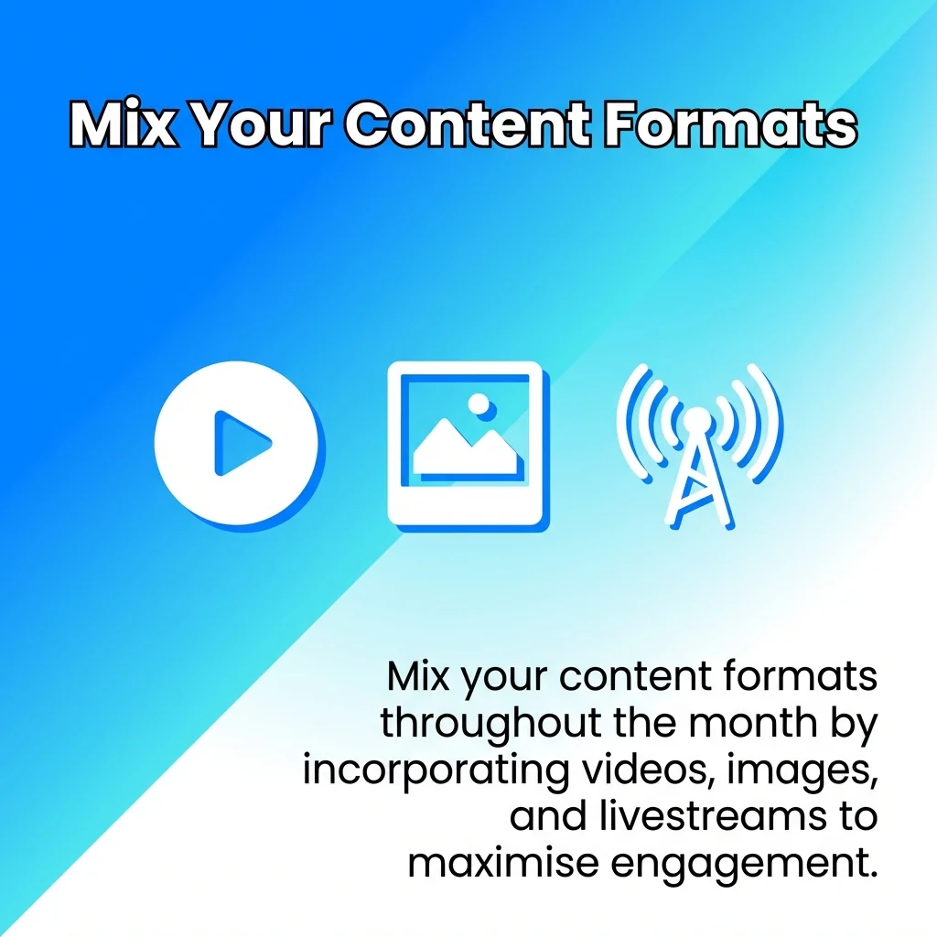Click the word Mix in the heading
[123, 125]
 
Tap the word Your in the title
[261, 125]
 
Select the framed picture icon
[466, 443]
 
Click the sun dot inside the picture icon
[477, 403]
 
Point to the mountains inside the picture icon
[462, 448]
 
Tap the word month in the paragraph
[745, 723]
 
